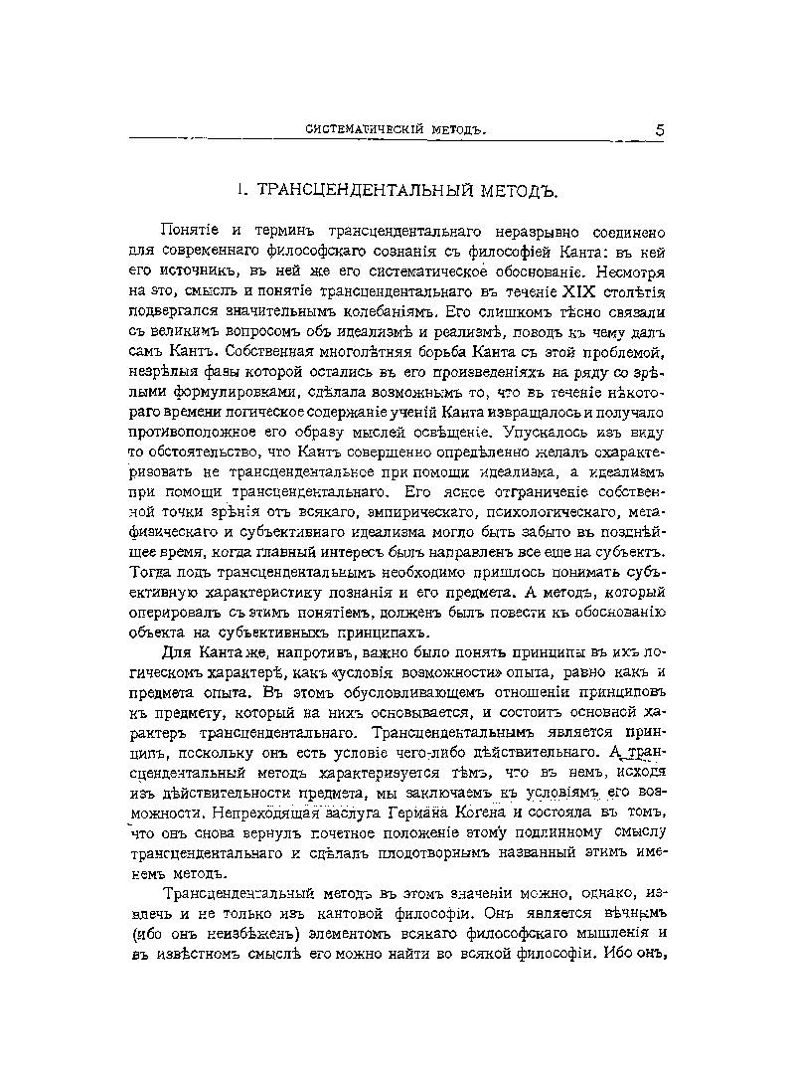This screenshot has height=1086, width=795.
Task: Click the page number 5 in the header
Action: click(x=660, y=130)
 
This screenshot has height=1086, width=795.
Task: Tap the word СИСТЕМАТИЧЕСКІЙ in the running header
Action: click(x=359, y=131)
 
